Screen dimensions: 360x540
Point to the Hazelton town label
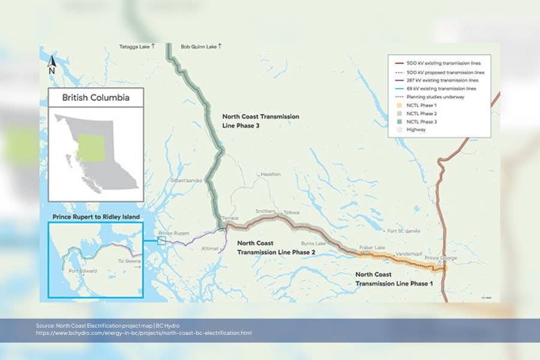271,174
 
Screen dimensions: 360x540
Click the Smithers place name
265,212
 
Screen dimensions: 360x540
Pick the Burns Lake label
313,243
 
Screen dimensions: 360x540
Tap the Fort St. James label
400,230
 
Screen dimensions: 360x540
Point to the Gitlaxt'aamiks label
187,180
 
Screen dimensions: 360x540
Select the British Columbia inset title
95,97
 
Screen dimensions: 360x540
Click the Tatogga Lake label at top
137,46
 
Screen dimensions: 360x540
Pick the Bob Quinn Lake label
202,46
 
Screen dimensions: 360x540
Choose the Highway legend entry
416,130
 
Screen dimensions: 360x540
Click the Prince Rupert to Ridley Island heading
96,216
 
